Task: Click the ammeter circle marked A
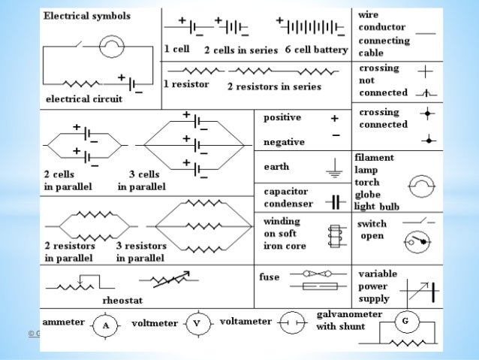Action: click(x=106, y=326)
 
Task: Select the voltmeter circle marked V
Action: click(x=197, y=325)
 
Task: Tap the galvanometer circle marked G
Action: click(x=405, y=322)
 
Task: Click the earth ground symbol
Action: click(x=334, y=171)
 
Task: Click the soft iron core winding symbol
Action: click(x=333, y=236)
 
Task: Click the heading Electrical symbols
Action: click(x=88, y=15)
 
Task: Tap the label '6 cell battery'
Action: click(x=316, y=50)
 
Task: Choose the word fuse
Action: click(x=270, y=277)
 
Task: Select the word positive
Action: click(x=282, y=118)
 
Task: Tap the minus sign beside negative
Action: click(x=335, y=135)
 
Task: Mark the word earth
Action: click(x=276, y=166)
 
